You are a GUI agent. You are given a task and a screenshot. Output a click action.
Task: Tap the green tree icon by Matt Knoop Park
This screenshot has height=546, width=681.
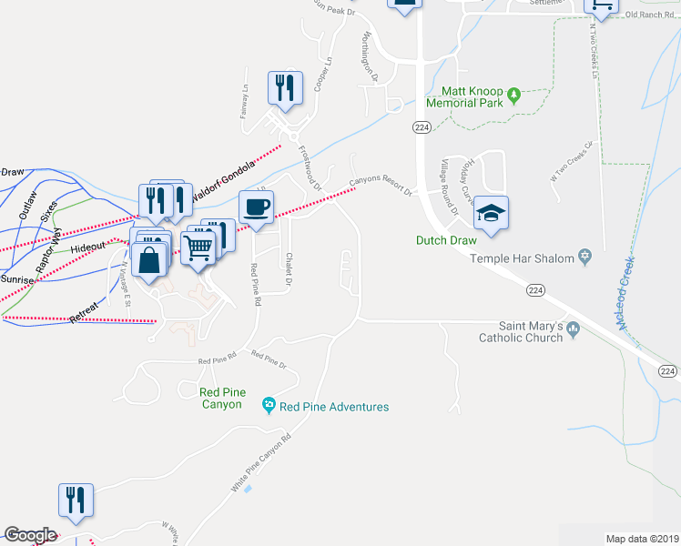(x=513, y=93)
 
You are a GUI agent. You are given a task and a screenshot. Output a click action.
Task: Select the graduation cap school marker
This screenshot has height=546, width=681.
(x=491, y=214)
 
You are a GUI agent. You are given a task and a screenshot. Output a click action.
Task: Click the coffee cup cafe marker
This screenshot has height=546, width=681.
(x=256, y=206)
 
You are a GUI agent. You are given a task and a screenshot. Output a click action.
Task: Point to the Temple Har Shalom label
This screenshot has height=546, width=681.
(x=523, y=258)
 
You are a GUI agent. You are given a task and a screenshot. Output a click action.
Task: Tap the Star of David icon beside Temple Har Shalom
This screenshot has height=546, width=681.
(x=585, y=258)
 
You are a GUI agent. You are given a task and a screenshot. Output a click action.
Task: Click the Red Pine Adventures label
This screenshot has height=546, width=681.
(x=334, y=407)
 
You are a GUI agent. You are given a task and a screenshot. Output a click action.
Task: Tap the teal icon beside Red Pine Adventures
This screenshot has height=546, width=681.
(x=268, y=405)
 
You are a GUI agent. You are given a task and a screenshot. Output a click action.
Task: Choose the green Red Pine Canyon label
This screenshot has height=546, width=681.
(x=221, y=398)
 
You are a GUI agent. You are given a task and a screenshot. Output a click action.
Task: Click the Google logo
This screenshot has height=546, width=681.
(x=30, y=535)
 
